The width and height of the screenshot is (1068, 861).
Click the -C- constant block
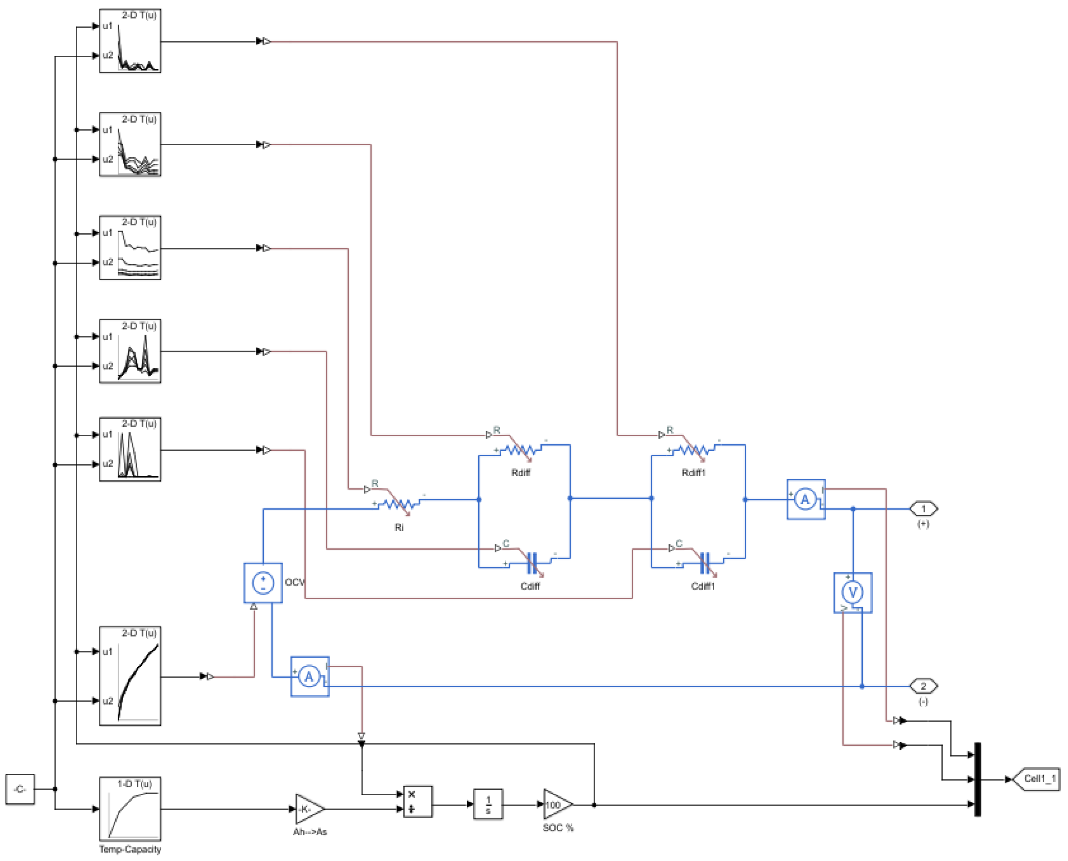tap(20, 789)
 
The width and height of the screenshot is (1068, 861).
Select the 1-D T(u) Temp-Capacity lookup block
tap(130, 808)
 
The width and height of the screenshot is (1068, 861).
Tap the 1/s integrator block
tap(488, 804)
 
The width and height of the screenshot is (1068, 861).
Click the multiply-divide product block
tap(418, 801)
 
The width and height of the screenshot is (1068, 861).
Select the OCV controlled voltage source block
tap(263, 583)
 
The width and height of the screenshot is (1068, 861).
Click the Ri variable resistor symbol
tap(399, 504)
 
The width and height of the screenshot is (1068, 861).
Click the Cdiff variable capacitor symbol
tap(532, 563)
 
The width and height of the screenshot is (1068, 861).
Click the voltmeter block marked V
tap(853, 593)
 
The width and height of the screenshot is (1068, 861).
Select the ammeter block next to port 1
tap(805, 499)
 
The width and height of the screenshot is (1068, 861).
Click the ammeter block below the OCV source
tap(309, 676)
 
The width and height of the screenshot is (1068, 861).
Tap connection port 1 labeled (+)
tap(923, 509)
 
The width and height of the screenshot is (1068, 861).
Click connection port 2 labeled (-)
tap(923, 686)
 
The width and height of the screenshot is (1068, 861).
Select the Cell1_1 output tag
tap(1037, 779)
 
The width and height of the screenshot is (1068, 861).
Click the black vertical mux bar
tap(978, 779)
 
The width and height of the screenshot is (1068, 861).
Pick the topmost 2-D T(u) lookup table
tap(130, 41)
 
